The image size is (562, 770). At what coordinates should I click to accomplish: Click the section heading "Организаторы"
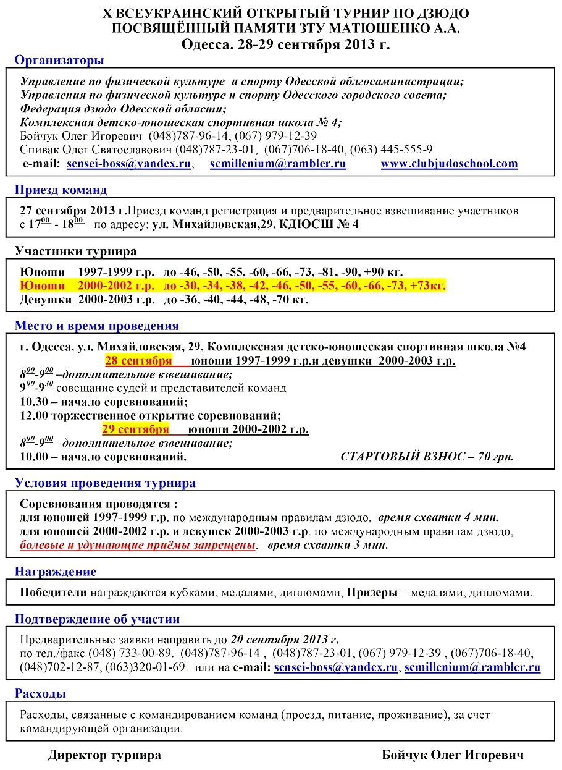[59, 60]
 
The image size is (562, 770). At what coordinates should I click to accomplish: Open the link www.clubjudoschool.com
[449, 164]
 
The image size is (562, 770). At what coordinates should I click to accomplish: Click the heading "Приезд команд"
[61, 190]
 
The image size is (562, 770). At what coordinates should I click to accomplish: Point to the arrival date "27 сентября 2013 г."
[73, 211]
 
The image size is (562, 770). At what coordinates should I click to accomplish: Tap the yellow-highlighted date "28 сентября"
[138, 361]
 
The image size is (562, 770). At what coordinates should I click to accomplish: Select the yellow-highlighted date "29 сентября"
[135, 429]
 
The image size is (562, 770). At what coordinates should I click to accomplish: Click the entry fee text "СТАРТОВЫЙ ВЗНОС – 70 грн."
[427, 457]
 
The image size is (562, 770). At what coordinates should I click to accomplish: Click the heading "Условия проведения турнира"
[105, 483]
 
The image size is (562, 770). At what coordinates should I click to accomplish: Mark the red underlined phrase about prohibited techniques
[138, 546]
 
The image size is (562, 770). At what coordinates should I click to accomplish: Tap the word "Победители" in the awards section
[53, 593]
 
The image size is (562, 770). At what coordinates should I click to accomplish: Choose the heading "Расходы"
[40, 694]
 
